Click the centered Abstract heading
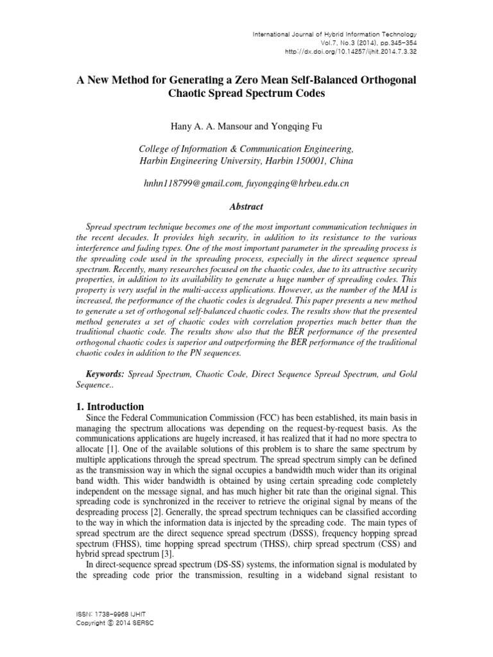point(246,208)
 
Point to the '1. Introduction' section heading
point(110,406)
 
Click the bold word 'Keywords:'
point(106,373)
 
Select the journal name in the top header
point(334,34)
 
